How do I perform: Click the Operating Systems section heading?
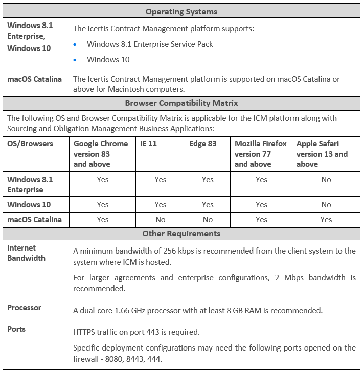181,11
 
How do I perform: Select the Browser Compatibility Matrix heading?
181,103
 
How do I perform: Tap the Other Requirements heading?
181,233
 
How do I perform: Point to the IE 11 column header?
148,144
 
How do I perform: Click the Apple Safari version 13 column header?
322,154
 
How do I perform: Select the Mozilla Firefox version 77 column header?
260,154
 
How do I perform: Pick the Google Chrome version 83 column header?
101,154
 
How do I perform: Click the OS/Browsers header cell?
30,144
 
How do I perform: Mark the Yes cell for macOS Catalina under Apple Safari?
326,220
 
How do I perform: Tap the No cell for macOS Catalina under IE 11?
161,220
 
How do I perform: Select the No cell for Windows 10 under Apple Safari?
326,205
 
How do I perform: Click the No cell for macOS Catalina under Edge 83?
208,220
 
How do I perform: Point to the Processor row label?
24,308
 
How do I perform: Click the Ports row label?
16,329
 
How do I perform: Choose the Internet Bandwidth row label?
26,253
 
